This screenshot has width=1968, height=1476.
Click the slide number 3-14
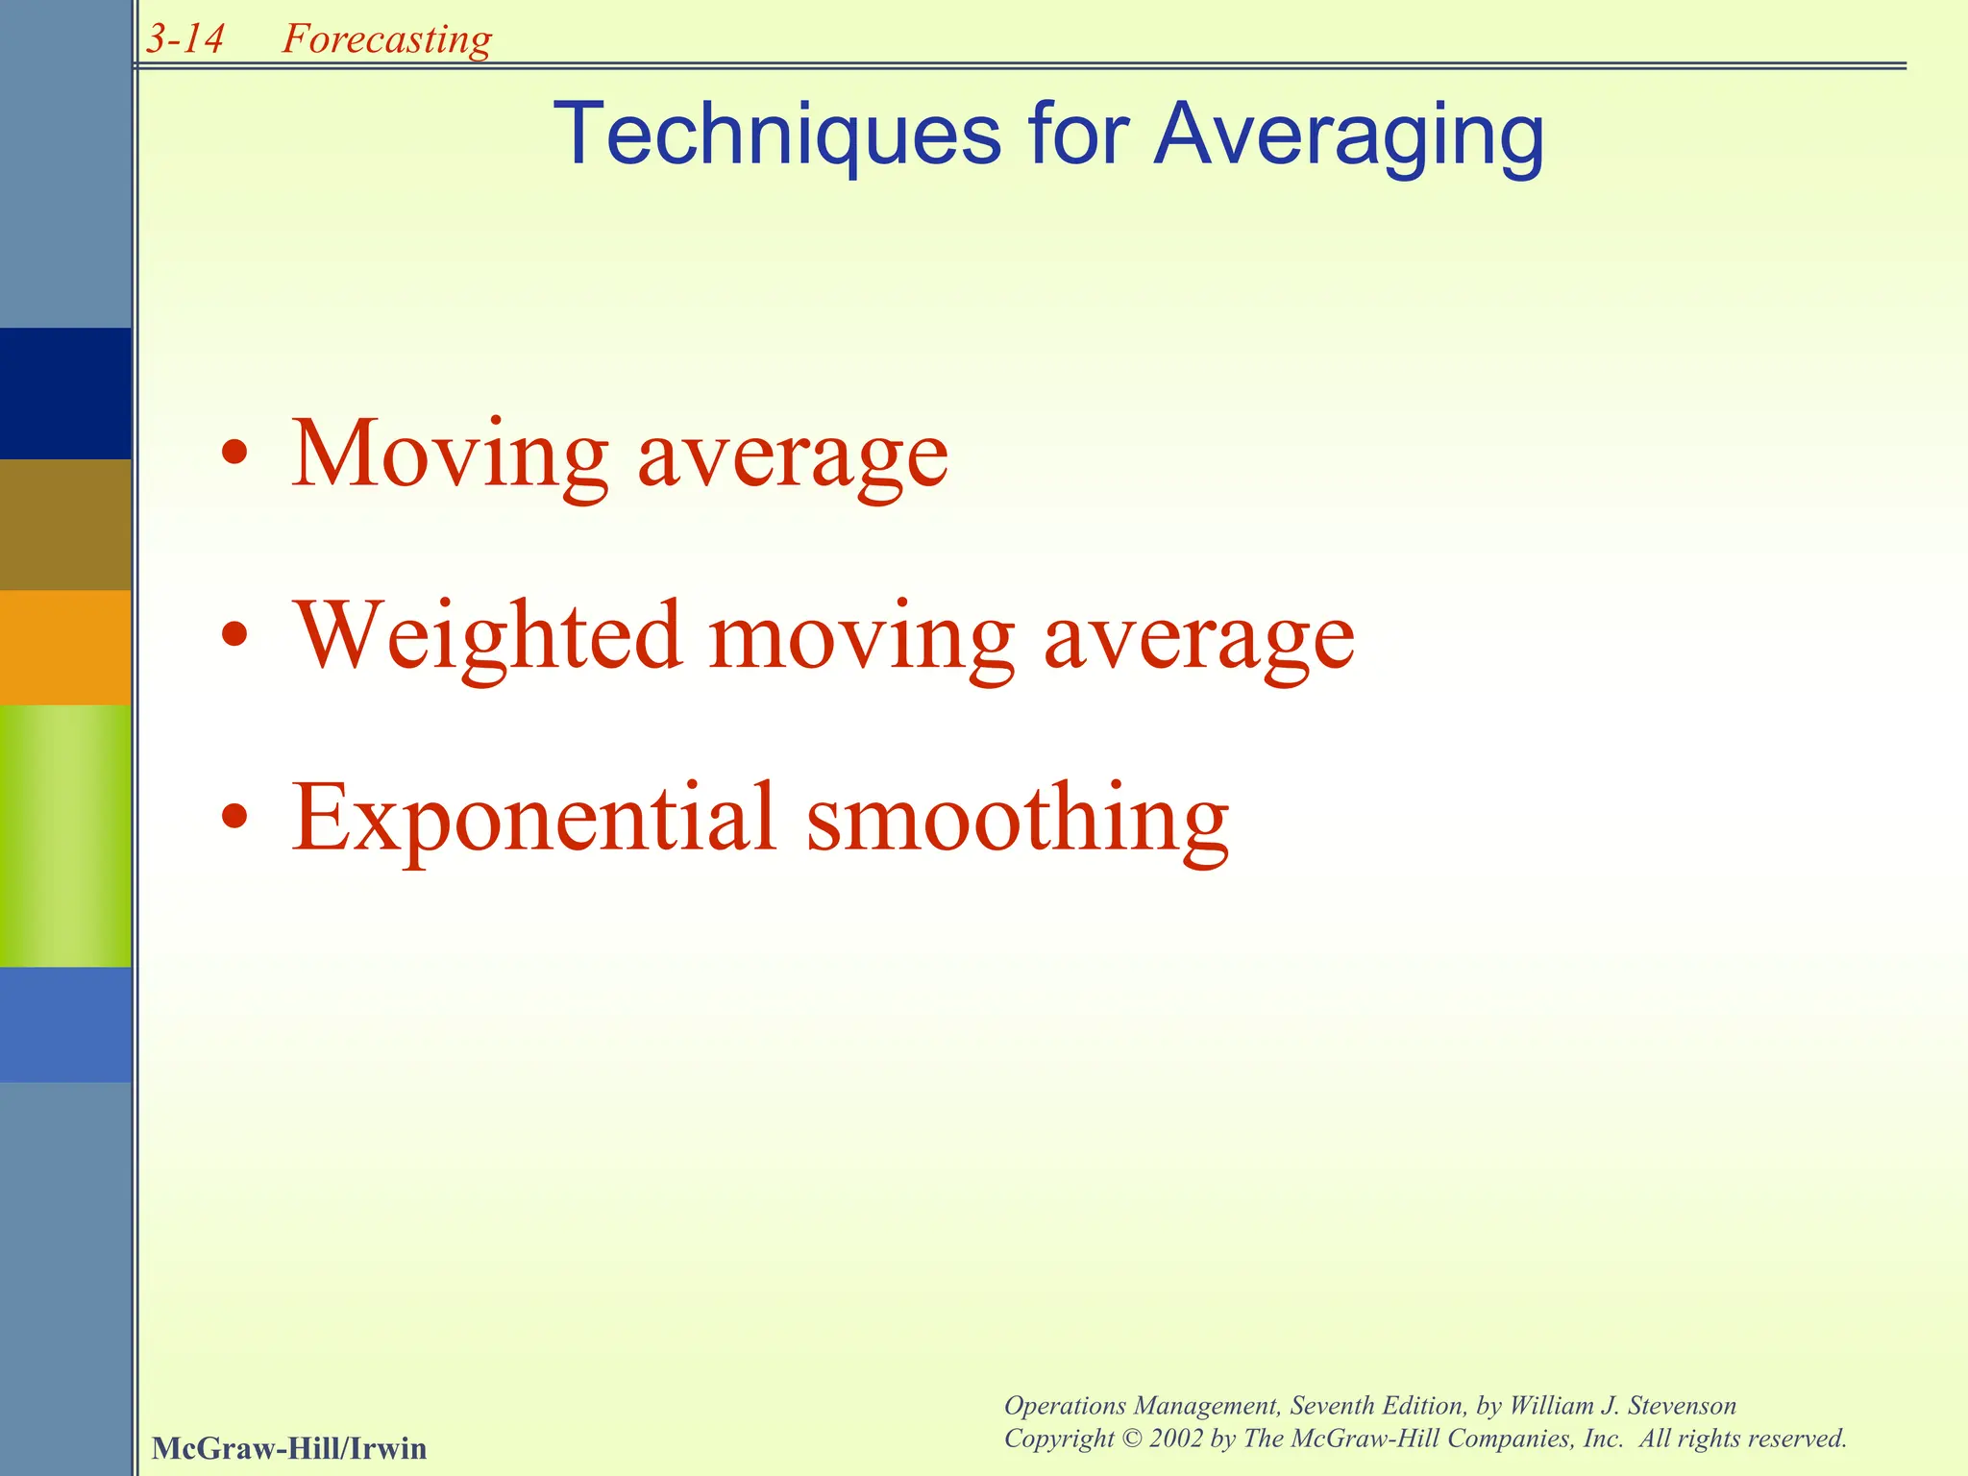(x=185, y=39)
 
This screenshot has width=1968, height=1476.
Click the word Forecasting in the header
(x=386, y=39)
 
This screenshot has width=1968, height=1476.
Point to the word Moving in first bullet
(x=450, y=454)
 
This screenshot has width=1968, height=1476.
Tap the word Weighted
(x=488, y=636)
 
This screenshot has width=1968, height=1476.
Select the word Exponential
(x=533, y=819)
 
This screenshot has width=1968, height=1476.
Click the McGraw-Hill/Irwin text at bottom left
(x=288, y=1448)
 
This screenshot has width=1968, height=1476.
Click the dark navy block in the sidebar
(x=65, y=393)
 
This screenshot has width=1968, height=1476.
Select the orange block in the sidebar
(x=65, y=647)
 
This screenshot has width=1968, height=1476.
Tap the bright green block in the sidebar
(x=65, y=835)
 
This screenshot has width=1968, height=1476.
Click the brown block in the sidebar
(x=65, y=524)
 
